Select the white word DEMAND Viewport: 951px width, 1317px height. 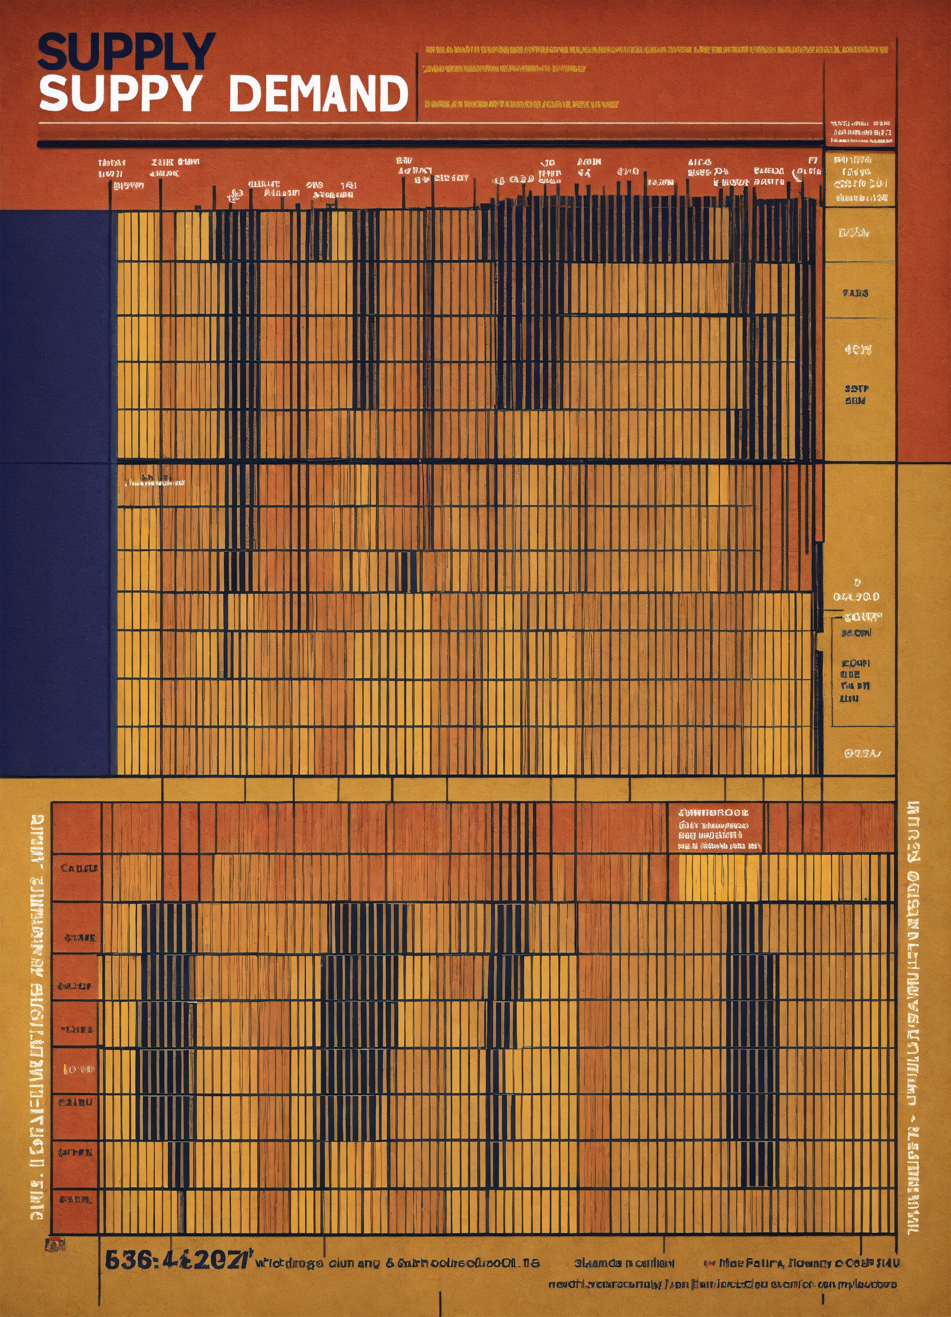(x=319, y=94)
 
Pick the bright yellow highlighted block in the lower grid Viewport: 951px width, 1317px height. (x=719, y=877)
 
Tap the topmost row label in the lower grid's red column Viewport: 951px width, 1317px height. (x=79, y=868)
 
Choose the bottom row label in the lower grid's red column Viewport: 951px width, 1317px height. (x=75, y=1198)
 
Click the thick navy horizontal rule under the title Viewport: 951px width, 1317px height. (x=430, y=143)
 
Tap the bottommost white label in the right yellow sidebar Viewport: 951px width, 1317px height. (x=862, y=754)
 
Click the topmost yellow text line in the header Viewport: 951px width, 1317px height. (x=656, y=50)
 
